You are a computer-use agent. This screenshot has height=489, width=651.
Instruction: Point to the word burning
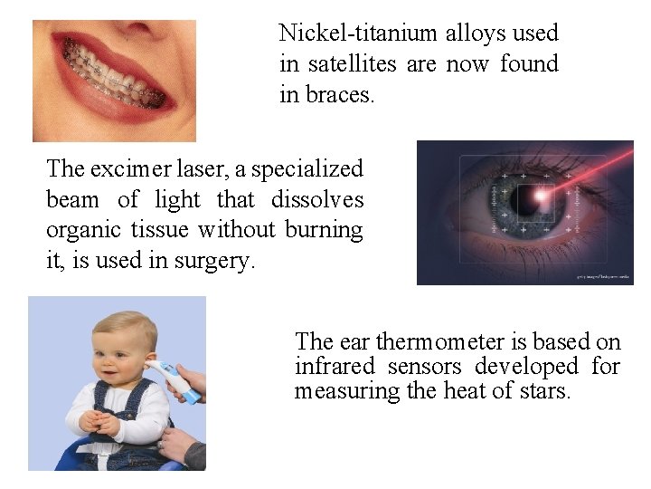click(324, 230)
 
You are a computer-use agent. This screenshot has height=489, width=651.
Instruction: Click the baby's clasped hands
click(99, 422)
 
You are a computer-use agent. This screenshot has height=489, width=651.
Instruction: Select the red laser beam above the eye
click(601, 163)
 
